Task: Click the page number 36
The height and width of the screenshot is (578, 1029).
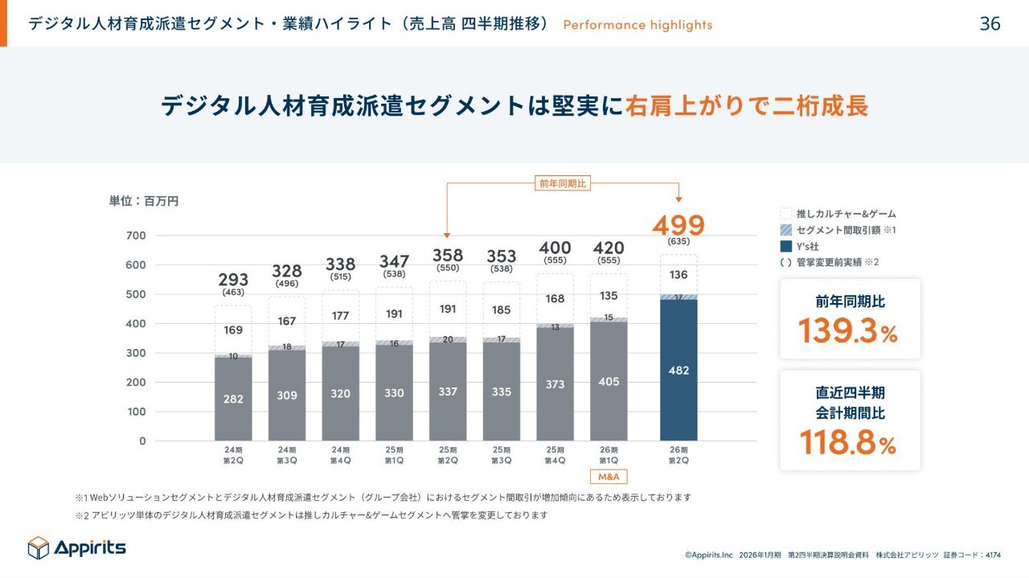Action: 990,24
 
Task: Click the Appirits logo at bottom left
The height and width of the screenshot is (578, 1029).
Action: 77,547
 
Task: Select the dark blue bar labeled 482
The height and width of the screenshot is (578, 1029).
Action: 678,370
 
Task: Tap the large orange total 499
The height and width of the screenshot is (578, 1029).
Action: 678,225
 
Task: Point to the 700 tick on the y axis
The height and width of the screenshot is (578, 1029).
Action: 136,236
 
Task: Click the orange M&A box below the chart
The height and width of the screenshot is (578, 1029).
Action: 609,477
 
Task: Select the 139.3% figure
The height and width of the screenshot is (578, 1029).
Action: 848,331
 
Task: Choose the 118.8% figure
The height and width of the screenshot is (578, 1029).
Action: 848,443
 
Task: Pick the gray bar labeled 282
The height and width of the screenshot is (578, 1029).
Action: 233,399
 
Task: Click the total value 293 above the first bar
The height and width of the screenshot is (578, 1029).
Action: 233,279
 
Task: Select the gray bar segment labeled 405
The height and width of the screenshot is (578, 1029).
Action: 609,382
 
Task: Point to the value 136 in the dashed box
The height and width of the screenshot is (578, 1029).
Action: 678,275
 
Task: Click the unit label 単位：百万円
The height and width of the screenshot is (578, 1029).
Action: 144,201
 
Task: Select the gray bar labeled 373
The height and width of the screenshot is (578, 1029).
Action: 555,385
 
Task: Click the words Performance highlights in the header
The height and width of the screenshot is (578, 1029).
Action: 637,25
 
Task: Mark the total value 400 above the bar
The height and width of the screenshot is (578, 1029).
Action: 555,248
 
